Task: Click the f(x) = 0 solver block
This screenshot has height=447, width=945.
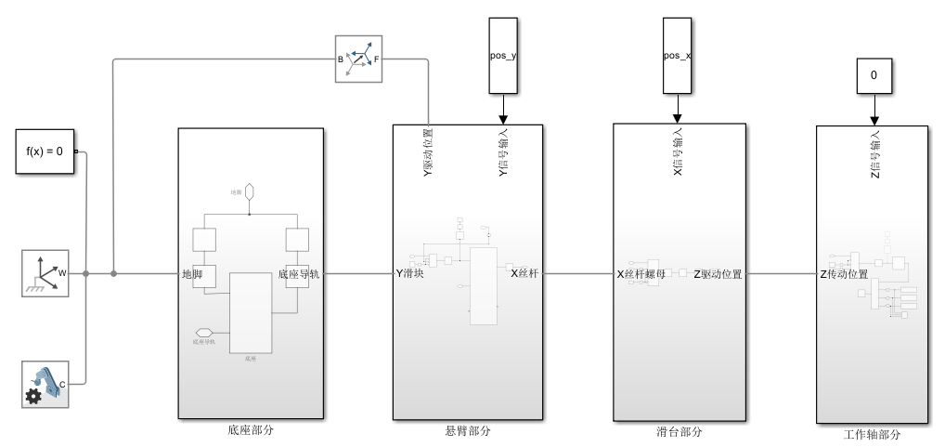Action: tap(45, 150)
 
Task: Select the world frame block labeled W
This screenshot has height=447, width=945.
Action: tap(46, 273)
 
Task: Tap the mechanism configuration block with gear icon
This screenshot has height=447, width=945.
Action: tap(46, 384)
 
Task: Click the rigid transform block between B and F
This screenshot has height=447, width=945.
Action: tap(358, 59)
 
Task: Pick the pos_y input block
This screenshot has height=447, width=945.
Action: tap(502, 56)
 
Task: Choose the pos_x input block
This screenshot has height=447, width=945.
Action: tap(677, 56)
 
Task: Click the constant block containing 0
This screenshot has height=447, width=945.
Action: tap(873, 75)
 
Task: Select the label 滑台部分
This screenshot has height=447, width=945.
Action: tap(680, 432)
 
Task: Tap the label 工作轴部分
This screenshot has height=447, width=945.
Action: tap(873, 434)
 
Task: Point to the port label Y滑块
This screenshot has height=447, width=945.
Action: tap(409, 273)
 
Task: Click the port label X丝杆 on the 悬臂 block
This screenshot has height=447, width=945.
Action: tap(524, 273)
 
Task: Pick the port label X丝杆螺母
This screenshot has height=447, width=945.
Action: tap(641, 274)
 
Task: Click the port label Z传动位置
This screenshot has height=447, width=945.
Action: tap(844, 274)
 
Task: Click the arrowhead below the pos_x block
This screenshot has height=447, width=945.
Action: tap(677, 118)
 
